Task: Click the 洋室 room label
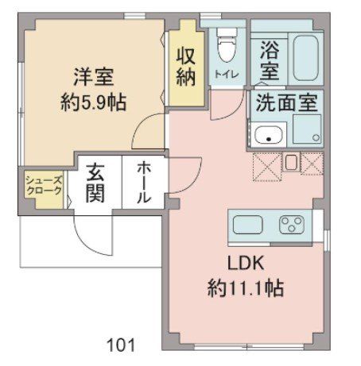pos(93,79)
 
